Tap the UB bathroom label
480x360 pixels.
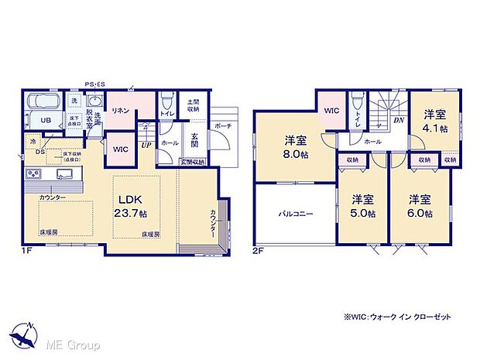(46, 121)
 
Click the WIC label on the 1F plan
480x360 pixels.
(120, 148)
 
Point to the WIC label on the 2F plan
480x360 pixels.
(331, 111)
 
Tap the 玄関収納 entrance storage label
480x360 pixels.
(191, 162)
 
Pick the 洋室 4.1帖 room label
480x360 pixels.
(433, 121)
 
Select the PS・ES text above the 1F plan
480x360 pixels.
(95, 85)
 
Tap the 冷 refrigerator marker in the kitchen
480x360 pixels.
(33, 142)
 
